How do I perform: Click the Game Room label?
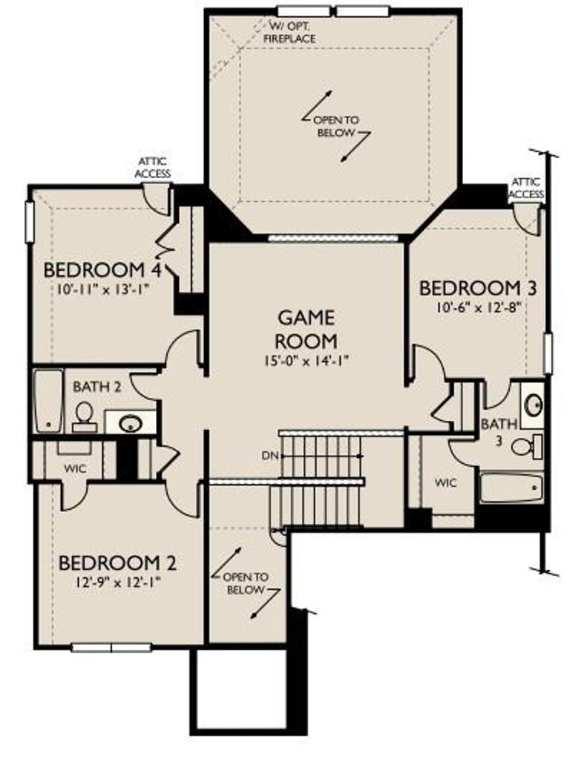pyautogui.click(x=306, y=330)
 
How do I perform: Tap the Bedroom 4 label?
pyautogui.click(x=102, y=269)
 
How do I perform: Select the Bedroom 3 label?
pyautogui.click(x=477, y=289)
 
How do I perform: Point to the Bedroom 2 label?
pyautogui.click(x=117, y=563)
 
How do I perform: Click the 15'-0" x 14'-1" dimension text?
pyautogui.click(x=306, y=361)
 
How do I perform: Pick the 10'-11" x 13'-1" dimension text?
pyautogui.click(x=102, y=290)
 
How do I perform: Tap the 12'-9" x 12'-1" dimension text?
pyautogui.click(x=117, y=582)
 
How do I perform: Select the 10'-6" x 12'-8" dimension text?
pyautogui.click(x=478, y=308)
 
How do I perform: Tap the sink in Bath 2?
pyautogui.click(x=130, y=424)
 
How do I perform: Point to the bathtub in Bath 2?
pyautogui.click(x=48, y=402)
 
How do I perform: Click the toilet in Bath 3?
pyautogui.click(x=527, y=447)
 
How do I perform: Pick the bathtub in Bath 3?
pyautogui.click(x=511, y=488)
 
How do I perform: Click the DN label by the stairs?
pyautogui.click(x=269, y=456)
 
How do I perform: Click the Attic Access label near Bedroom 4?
pyautogui.click(x=153, y=167)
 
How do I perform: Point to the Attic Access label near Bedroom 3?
pyautogui.click(x=527, y=188)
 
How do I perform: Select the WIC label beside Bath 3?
pyautogui.click(x=445, y=482)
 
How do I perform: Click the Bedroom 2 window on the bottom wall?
pyautogui.click(x=111, y=647)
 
